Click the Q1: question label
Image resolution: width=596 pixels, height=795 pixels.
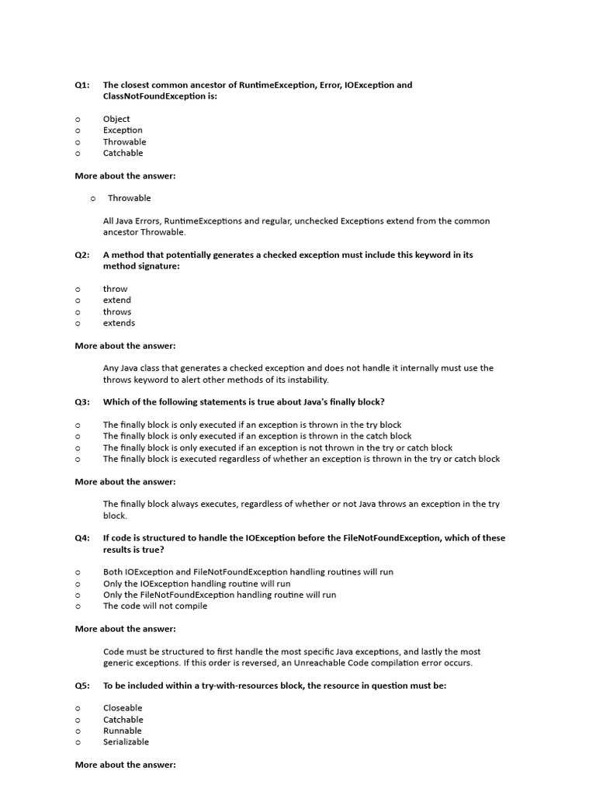(82, 85)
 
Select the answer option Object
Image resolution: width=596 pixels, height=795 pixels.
(116, 119)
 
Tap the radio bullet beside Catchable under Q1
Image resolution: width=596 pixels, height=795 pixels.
(78, 154)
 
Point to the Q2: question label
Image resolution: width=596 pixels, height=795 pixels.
(82, 255)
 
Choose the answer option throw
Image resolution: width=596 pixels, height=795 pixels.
(115, 289)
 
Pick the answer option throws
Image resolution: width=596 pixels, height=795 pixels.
(117, 312)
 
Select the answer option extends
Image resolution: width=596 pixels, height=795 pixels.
(119, 323)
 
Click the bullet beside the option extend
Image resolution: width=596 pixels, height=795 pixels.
(78, 300)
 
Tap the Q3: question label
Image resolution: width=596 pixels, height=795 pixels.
(82, 402)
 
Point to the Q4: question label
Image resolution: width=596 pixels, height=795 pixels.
(82, 538)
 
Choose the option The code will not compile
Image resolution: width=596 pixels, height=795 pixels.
(155, 606)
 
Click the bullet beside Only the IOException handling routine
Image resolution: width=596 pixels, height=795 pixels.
(78, 584)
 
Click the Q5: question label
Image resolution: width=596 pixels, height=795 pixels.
(82, 686)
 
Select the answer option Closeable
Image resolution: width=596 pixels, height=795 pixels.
(123, 708)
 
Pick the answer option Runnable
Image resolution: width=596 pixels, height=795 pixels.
(123, 731)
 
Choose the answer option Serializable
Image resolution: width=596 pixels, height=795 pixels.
(126, 742)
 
